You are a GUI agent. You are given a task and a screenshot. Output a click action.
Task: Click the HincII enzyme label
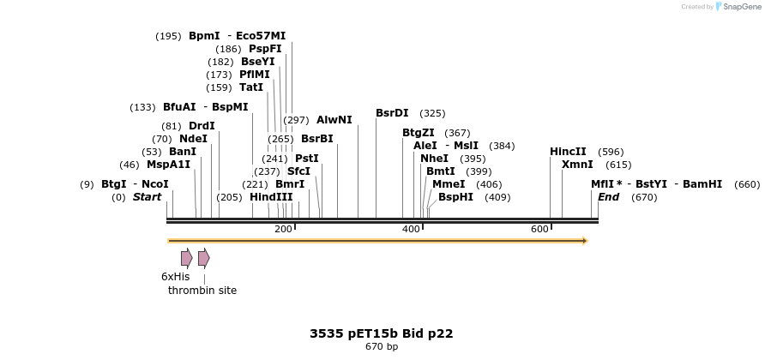[x=568, y=152]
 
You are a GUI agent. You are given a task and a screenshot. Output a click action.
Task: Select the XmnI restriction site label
[x=577, y=165]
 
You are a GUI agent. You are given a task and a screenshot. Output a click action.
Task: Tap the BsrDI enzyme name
[x=392, y=113]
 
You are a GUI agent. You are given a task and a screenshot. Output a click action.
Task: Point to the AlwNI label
[x=334, y=120]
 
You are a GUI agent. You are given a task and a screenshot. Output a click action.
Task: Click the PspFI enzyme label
[x=265, y=49]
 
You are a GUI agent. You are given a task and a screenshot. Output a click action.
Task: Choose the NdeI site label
[x=193, y=139]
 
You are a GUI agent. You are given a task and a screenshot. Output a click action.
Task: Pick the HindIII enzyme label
[x=271, y=197]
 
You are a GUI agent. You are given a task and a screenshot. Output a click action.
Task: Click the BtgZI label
[x=419, y=133]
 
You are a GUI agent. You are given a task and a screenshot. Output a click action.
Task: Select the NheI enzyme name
[x=434, y=159]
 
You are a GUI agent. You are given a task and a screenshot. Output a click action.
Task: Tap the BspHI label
[x=455, y=197]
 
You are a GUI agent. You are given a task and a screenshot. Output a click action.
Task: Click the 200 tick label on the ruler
[x=283, y=229]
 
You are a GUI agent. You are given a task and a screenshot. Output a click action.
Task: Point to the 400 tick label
[x=411, y=229]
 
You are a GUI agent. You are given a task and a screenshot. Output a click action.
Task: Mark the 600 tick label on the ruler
[x=539, y=229]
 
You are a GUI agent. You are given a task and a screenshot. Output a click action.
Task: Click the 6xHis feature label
[x=175, y=277]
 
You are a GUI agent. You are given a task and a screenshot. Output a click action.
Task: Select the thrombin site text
[x=202, y=291]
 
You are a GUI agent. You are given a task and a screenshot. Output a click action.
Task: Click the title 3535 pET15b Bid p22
[x=381, y=333]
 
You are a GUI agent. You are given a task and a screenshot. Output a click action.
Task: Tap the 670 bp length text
[x=381, y=347]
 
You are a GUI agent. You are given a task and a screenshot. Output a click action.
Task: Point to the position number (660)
[x=747, y=184]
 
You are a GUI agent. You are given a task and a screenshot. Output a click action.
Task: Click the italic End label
[x=608, y=197]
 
